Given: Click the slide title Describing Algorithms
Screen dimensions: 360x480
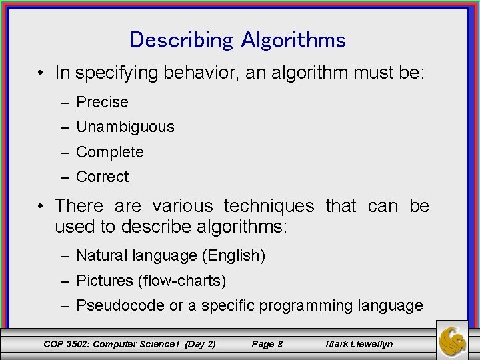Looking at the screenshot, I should pyautogui.click(x=238, y=40).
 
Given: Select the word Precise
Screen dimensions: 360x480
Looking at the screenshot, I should pyautogui.click(x=102, y=102).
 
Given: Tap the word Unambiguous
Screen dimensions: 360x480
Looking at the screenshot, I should pyautogui.click(x=125, y=127).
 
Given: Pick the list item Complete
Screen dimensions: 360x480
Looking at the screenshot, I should pyautogui.click(x=110, y=152).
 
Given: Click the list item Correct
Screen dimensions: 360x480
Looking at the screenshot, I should pyautogui.click(x=103, y=177).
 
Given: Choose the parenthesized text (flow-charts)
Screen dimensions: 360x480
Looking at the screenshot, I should pyautogui.click(x=182, y=281).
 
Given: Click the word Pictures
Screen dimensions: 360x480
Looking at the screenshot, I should pyautogui.click(x=105, y=281).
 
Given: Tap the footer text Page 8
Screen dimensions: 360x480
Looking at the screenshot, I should pyautogui.click(x=267, y=344).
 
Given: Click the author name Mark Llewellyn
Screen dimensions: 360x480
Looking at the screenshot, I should pyautogui.click(x=359, y=344).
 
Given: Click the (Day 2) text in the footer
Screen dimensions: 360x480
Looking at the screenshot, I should pyautogui.click(x=199, y=344).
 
